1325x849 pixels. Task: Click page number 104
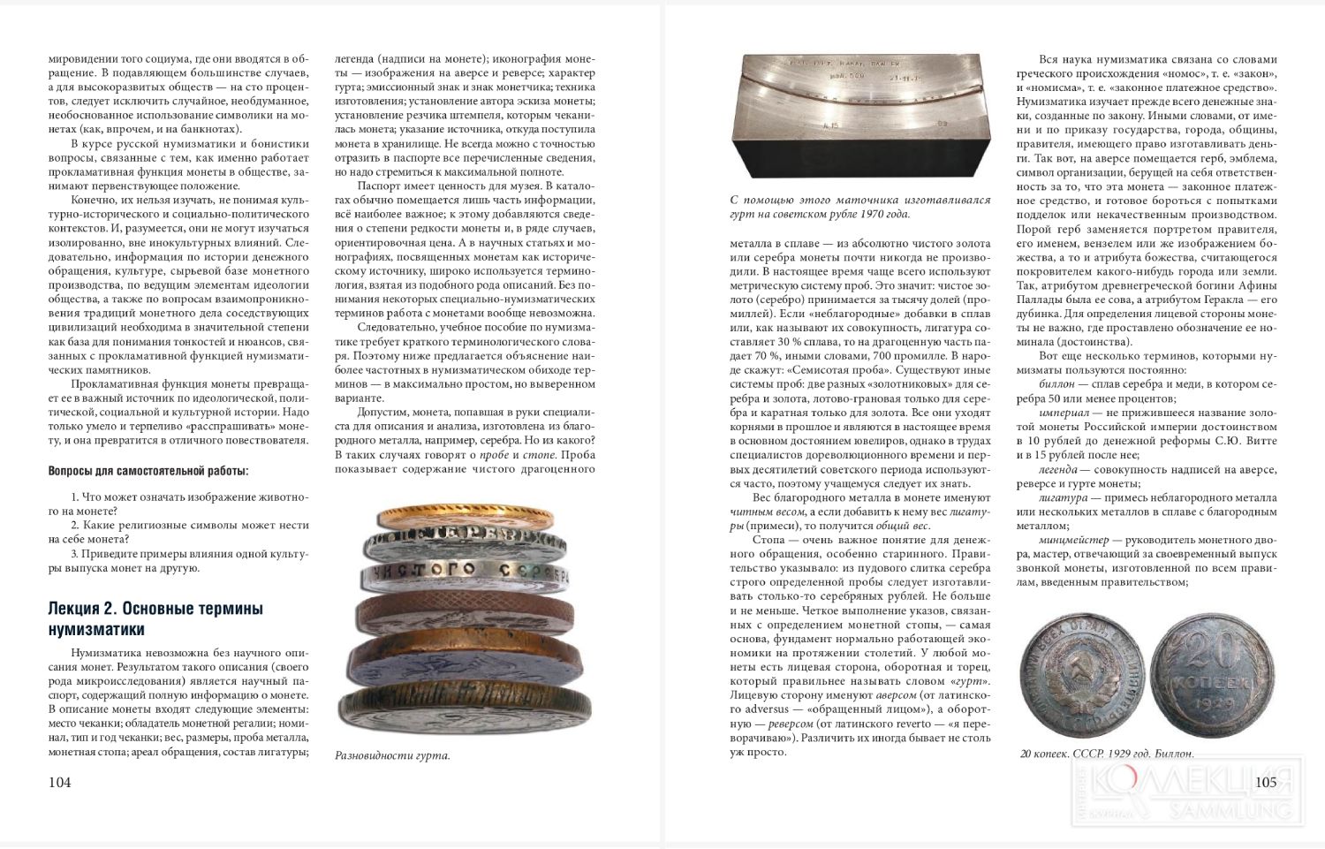coord(59,782)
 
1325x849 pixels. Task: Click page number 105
coord(1265,781)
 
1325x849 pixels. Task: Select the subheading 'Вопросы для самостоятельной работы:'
coord(148,470)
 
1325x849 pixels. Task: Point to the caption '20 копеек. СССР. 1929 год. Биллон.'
coord(1107,754)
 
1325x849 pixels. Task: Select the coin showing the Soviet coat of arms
coord(1086,677)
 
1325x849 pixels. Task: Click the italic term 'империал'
coord(1064,413)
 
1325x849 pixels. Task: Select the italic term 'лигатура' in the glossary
coord(1063,497)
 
